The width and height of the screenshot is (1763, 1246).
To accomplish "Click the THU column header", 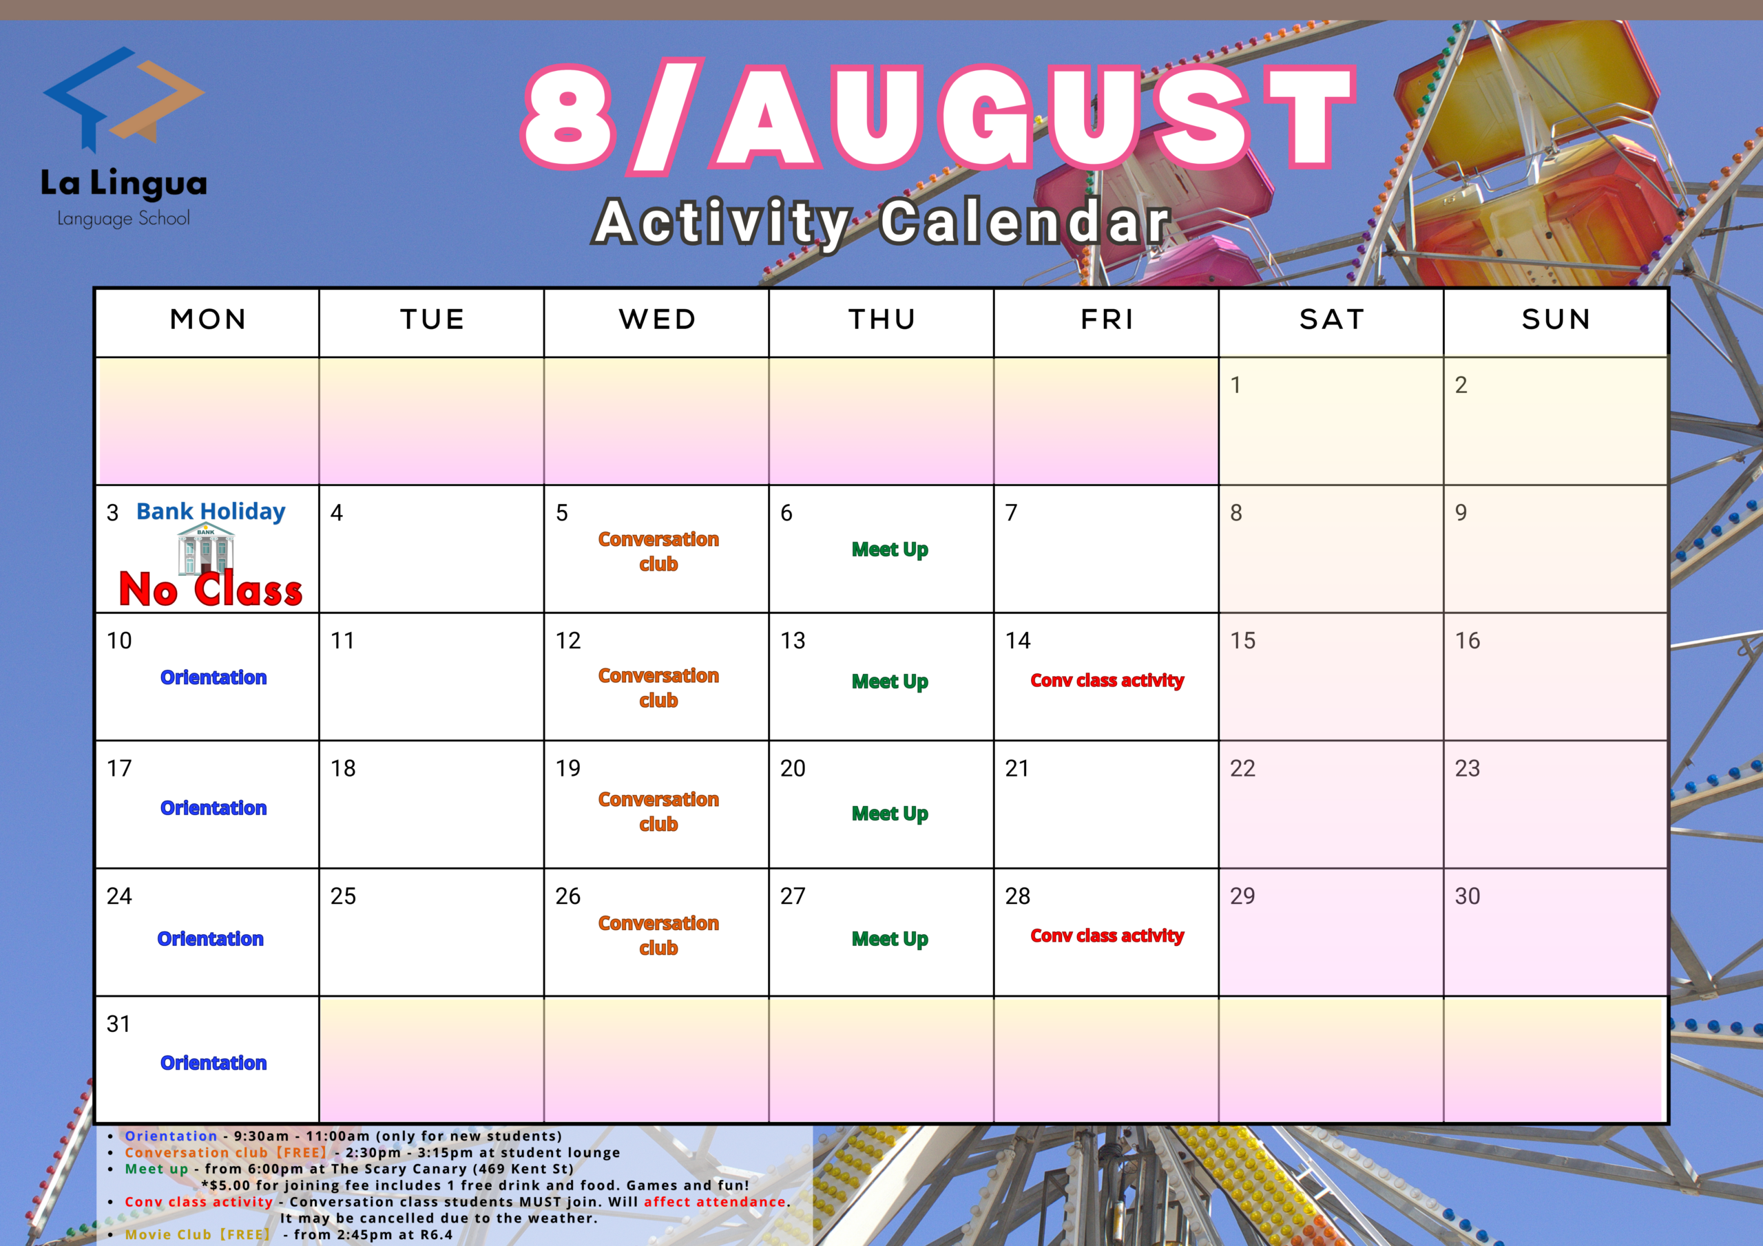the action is click(x=882, y=319).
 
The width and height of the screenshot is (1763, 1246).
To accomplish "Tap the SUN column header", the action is click(x=1556, y=319).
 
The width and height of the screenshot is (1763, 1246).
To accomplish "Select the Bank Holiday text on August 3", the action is click(x=211, y=511).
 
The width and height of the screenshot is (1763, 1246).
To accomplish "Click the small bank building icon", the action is click(x=206, y=549).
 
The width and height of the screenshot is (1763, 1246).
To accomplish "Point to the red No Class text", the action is click(x=211, y=589).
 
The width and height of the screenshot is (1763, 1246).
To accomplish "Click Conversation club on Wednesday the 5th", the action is click(x=659, y=551).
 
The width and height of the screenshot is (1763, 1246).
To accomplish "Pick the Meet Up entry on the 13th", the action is click(x=890, y=682).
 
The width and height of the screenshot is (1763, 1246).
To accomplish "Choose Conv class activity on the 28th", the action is click(x=1107, y=936).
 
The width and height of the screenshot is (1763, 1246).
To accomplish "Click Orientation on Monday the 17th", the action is click(x=213, y=807).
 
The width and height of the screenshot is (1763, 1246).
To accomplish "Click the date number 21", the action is click(x=1016, y=768).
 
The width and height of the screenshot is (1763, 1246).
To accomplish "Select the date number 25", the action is click(x=342, y=896).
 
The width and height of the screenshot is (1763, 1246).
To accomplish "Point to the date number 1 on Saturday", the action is click(x=1235, y=385).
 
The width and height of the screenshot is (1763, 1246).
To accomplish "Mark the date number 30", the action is click(x=1468, y=896).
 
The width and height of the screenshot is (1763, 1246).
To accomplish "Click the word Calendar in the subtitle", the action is click(x=1026, y=222).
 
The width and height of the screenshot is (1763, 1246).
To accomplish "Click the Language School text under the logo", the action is click(x=124, y=219).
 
